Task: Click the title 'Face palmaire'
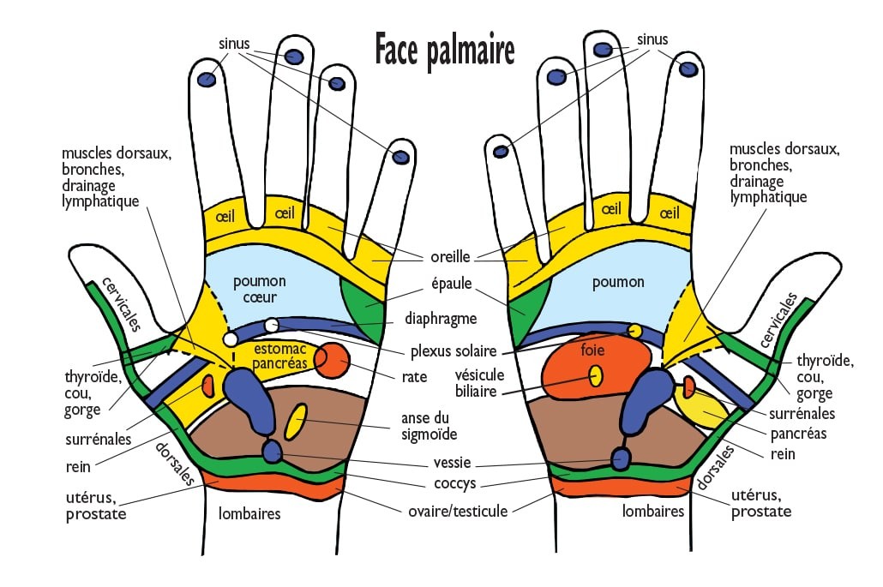[x=445, y=51]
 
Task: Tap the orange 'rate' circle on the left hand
[x=333, y=360]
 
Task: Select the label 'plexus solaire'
[x=454, y=351]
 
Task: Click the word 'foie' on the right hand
[x=592, y=350]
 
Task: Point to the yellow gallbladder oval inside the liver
[x=595, y=376]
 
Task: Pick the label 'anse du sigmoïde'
[x=429, y=426]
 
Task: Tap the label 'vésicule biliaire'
[x=480, y=383]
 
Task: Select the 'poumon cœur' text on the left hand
[x=260, y=289]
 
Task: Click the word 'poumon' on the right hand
[x=618, y=283]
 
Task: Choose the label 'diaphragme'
[x=441, y=319]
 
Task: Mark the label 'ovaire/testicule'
[x=458, y=511]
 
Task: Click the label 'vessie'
[x=452, y=463]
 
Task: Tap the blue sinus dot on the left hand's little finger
[x=400, y=157]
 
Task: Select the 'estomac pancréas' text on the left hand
[x=279, y=356]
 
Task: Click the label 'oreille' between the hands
[x=451, y=256]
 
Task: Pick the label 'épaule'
[x=452, y=284]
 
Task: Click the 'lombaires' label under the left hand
[x=249, y=513]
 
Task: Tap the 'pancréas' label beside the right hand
[x=798, y=434]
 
